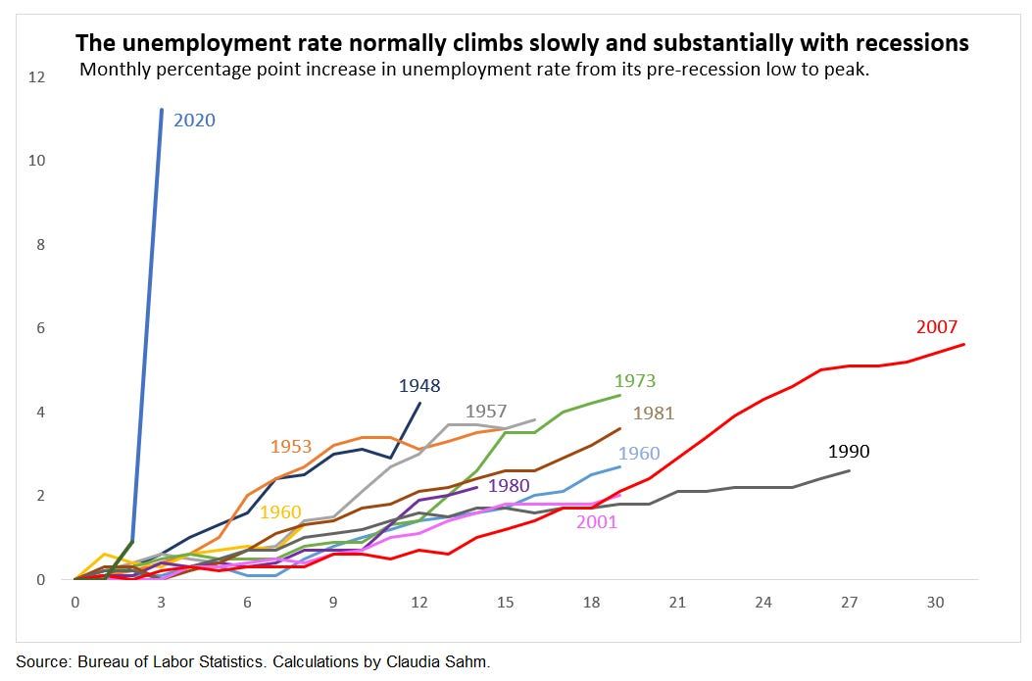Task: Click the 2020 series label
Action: [x=194, y=121]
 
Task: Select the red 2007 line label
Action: [x=936, y=327]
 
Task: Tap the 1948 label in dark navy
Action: [x=419, y=385]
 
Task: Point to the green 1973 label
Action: [x=635, y=381]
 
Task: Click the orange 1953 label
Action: [x=290, y=447]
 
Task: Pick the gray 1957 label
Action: [x=486, y=411]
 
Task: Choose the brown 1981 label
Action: [x=654, y=413]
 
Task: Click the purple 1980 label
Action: [x=509, y=485]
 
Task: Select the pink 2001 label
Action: [x=597, y=521]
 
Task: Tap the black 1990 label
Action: [x=849, y=452]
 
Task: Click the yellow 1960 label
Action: [x=280, y=511]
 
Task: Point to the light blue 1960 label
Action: [x=639, y=454]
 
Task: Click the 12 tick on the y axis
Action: [x=37, y=76]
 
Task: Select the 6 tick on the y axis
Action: [x=41, y=328]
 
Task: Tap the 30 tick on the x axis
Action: [x=936, y=602]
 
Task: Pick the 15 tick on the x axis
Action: [x=506, y=602]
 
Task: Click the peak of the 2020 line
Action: [x=161, y=110]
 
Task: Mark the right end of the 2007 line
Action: [x=965, y=344]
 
